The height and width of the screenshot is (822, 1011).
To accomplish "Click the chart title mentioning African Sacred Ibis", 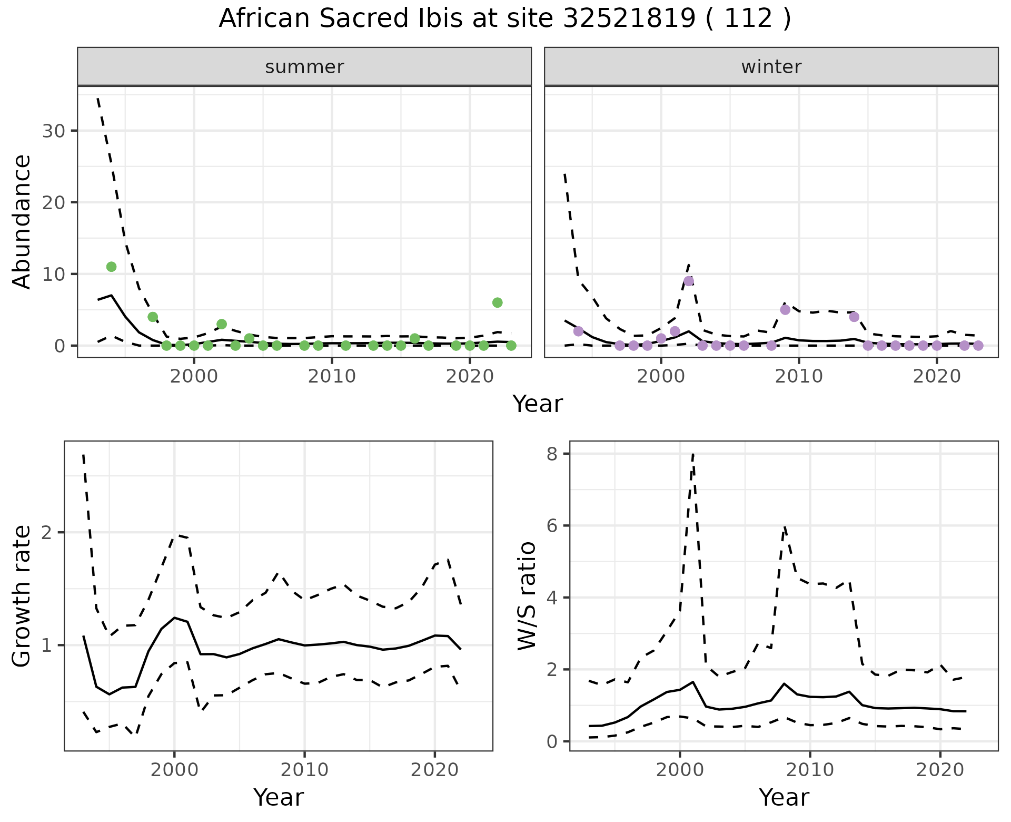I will click(504, 19).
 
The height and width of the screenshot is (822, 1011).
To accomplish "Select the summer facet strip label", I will click(304, 67).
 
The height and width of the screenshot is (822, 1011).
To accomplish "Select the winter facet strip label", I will click(771, 67).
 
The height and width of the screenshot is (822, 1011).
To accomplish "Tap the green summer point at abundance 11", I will click(111, 267).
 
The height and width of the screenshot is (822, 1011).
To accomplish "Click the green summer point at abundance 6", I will click(497, 302).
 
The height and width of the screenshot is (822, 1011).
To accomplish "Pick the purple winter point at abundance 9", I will click(689, 281).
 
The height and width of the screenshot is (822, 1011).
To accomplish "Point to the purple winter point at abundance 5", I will click(785, 310).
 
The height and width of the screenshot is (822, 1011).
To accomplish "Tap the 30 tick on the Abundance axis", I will click(53, 131).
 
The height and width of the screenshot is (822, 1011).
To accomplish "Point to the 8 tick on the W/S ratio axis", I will click(552, 454).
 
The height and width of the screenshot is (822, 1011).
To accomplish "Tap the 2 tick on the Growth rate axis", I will click(46, 532).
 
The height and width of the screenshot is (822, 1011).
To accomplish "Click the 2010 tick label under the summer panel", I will click(332, 376).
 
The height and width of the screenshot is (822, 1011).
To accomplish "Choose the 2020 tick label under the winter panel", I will click(937, 376).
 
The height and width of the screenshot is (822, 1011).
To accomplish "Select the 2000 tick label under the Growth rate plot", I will click(174, 770).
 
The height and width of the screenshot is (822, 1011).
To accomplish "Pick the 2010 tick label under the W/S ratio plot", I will click(810, 770).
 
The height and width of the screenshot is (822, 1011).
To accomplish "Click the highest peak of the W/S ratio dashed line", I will click(693, 454).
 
